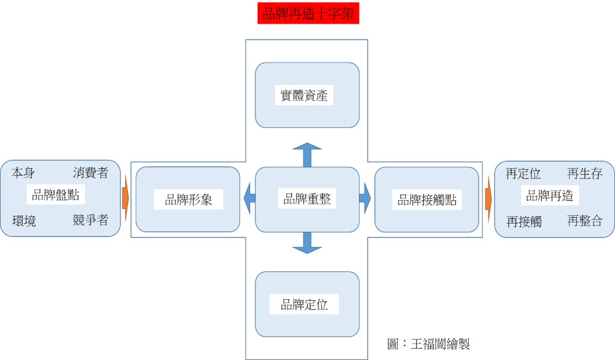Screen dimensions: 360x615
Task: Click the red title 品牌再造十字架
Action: (x=308, y=14)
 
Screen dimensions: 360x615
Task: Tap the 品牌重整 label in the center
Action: (x=307, y=199)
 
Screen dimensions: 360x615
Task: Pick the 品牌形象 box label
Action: (x=187, y=200)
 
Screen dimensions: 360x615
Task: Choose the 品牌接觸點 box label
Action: (x=427, y=200)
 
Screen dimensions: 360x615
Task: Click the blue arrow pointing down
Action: (x=307, y=243)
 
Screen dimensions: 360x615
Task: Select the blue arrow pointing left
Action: (x=249, y=199)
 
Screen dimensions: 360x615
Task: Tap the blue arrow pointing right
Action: (x=365, y=199)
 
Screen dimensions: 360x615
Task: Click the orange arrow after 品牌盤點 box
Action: (x=126, y=198)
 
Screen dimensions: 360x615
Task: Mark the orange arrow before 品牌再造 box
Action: (x=488, y=198)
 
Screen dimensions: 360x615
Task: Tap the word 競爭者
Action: (x=90, y=220)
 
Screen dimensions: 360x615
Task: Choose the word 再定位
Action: (x=523, y=173)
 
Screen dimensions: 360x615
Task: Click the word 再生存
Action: (x=584, y=173)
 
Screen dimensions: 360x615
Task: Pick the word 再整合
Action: (x=584, y=221)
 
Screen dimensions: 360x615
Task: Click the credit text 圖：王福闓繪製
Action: (x=428, y=344)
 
